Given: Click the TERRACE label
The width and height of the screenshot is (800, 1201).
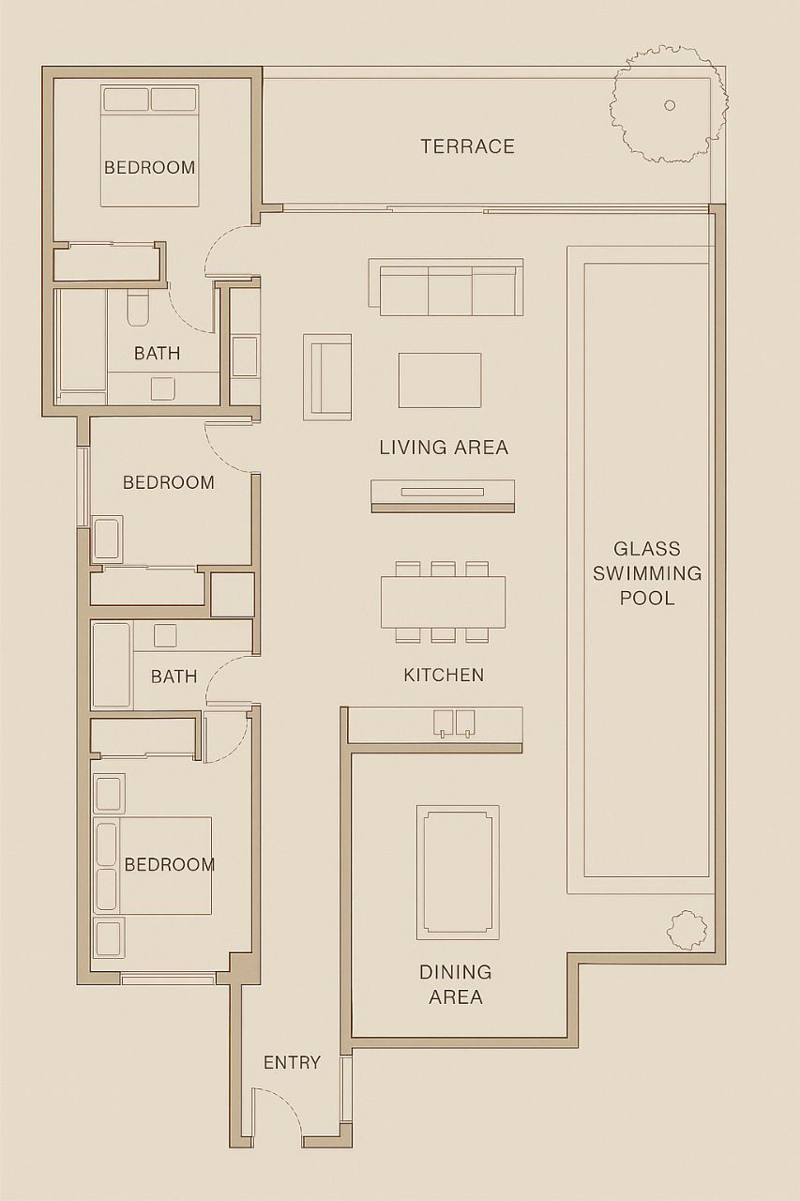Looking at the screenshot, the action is [x=467, y=146].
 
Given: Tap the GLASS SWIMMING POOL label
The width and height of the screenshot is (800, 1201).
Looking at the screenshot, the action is [x=647, y=573].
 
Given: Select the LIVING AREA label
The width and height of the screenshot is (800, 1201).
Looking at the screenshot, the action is [x=444, y=448].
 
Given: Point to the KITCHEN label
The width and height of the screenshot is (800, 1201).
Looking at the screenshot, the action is [x=444, y=675].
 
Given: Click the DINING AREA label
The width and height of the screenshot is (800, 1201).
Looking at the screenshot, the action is [x=456, y=984].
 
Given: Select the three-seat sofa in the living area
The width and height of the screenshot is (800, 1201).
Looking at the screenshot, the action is [x=445, y=287].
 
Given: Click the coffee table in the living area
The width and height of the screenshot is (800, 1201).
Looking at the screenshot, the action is [x=439, y=380].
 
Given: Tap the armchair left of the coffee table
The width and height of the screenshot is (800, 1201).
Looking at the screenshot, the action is [x=327, y=377].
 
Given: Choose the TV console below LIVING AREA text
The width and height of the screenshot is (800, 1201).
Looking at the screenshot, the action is [x=443, y=496].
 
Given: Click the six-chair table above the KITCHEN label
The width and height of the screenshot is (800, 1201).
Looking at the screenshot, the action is [x=443, y=601].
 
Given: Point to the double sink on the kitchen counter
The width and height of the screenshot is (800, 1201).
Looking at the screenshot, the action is [x=453, y=722].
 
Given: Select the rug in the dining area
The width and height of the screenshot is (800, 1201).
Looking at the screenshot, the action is [x=458, y=873].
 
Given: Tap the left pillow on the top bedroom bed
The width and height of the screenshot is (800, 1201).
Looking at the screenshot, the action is [x=126, y=99].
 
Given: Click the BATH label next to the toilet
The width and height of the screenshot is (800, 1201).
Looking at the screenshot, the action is [x=157, y=354].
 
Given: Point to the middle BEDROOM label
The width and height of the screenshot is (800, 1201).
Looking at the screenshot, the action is [x=169, y=482].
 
